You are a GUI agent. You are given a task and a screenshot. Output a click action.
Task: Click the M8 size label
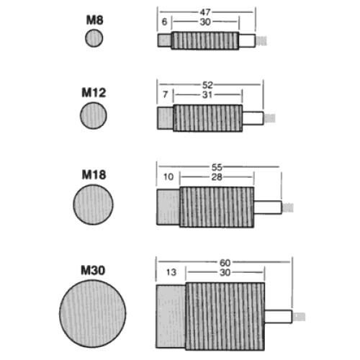94,20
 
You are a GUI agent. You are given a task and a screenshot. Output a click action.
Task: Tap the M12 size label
94,93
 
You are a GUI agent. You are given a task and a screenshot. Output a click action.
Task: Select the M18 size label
94,175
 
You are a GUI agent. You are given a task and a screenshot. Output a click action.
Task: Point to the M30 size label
93,270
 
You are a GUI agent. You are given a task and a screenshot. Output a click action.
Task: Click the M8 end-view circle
94,38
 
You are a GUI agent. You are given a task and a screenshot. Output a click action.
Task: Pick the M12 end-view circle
94,115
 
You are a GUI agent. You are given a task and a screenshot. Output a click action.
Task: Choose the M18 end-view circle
93,204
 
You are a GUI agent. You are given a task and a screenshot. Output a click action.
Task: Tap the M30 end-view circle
93,314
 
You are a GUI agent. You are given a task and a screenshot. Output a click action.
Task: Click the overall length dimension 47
205,12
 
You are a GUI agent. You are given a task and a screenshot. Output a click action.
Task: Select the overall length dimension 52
207,85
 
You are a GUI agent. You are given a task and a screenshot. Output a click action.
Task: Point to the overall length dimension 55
217,167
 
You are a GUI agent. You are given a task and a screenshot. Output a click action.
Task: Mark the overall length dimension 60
225,263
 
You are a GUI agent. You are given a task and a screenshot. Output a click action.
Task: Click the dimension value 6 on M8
164,22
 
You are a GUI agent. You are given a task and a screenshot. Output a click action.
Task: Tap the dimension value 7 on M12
165,94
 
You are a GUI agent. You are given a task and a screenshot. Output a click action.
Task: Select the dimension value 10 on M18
168,177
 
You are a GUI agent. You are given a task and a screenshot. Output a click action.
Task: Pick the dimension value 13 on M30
171,272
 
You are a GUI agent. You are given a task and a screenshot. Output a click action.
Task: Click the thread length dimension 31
207,95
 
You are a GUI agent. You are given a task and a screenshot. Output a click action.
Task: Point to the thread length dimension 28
217,177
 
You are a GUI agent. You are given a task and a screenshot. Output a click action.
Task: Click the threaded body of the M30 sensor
225,316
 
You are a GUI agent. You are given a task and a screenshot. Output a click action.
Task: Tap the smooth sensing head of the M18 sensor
168,207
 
